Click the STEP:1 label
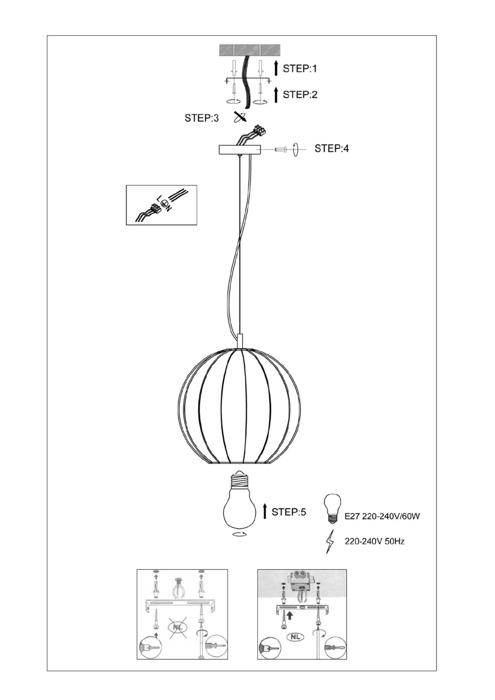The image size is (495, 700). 299,69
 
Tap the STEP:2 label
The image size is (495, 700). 300,94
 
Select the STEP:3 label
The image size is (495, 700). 202,118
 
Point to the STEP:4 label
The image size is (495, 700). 332,148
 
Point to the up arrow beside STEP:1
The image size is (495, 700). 276,69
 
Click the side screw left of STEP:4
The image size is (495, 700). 281,150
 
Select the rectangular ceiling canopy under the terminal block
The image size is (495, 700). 240,149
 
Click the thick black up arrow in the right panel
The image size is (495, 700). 290,616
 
